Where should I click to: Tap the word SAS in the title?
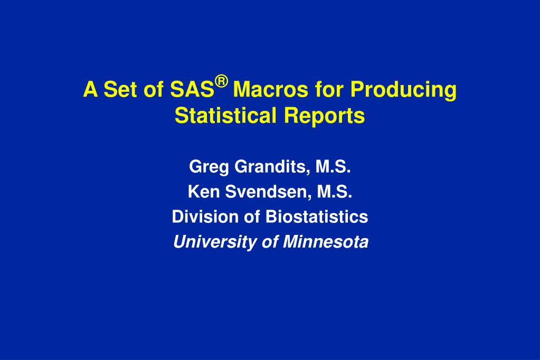tap(192, 90)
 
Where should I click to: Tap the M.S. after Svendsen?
tap(334, 193)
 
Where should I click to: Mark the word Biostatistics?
tap(316, 217)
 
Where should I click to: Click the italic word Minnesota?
tap(326, 242)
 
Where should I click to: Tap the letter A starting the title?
tap(90, 90)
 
